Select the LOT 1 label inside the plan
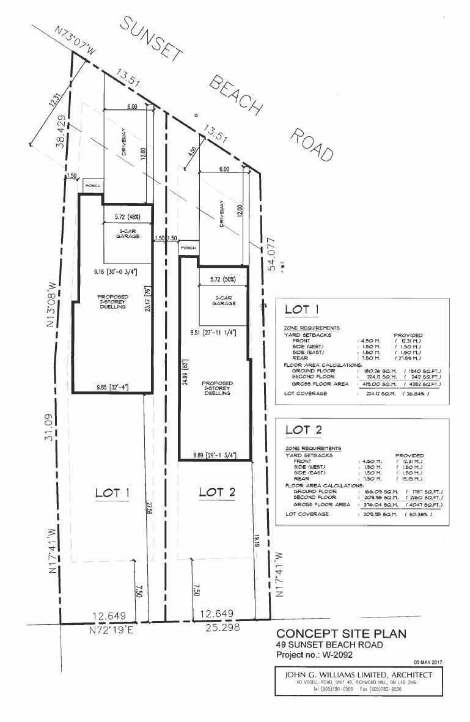112,492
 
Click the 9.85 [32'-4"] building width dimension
111,387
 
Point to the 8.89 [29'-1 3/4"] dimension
214,454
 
